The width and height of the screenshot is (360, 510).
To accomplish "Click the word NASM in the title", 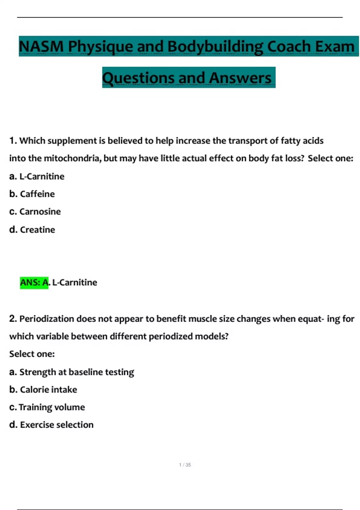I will (x=41, y=46).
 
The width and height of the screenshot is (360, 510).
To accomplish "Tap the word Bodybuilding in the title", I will (x=215, y=46).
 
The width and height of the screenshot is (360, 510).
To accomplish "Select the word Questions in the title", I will (x=138, y=78).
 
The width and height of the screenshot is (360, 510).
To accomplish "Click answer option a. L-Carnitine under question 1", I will (x=37, y=176).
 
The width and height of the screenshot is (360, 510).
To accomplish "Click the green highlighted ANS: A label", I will (x=34, y=283).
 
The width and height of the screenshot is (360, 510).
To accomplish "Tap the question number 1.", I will (x=13, y=141).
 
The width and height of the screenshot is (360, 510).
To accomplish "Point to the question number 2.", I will (x=13, y=319).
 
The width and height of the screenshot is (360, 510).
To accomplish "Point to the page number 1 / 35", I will (x=185, y=465).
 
